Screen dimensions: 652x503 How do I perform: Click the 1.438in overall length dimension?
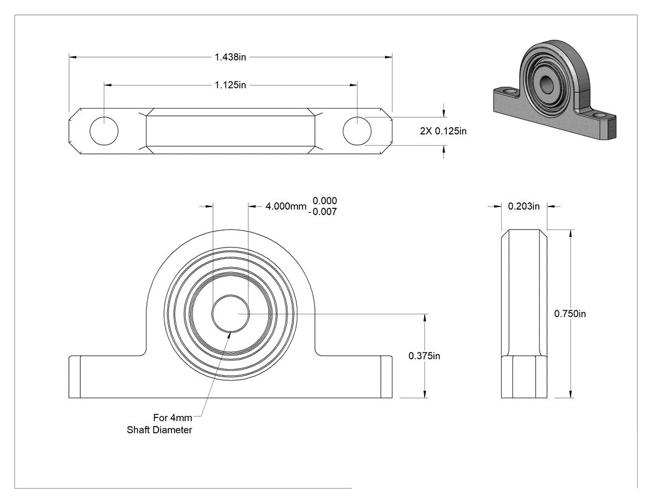tap(230, 57)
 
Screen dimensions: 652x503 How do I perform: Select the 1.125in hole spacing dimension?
tap(230, 85)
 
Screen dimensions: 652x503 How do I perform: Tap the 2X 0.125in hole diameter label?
tap(443, 131)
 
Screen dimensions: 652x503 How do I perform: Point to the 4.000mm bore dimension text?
tap(286, 206)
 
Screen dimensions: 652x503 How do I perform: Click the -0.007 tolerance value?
tap(323, 212)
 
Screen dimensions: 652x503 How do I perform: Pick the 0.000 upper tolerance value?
tap(325, 200)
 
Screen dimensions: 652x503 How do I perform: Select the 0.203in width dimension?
tap(524, 206)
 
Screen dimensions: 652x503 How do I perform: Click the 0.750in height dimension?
tap(570, 314)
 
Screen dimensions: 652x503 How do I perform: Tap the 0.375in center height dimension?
tap(424, 355)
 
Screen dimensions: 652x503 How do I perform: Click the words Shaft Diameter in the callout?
tap(159, 430)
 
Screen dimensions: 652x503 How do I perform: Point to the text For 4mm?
tap(173, 417)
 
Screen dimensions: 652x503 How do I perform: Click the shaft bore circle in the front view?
tap(231, 295)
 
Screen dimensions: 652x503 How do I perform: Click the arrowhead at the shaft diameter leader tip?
tap(229, 334)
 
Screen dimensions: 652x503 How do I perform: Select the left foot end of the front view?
tap(75, 376)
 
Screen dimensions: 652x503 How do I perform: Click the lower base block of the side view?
tap(524, 376)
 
